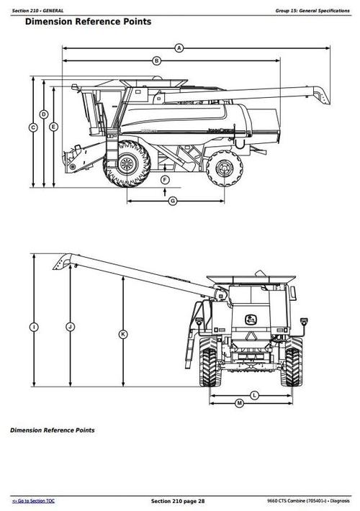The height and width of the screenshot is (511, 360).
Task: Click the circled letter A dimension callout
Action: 179,48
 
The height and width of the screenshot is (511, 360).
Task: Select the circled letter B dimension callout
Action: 157,61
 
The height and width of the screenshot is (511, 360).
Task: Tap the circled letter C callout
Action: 33,127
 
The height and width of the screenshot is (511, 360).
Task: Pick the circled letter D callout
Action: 44,114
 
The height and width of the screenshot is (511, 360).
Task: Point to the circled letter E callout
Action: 54,127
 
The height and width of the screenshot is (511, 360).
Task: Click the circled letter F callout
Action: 165,179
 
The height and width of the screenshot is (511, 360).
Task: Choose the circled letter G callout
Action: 173,201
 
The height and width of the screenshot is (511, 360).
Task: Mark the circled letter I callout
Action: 33,327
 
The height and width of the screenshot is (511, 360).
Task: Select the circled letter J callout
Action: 70,327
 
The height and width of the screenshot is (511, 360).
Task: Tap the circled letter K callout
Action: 123,334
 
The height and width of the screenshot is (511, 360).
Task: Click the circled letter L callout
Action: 255,395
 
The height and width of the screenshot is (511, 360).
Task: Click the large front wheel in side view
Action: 127,165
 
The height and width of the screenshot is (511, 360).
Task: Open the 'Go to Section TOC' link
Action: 34,500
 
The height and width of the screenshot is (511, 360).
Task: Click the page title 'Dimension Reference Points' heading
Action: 88,22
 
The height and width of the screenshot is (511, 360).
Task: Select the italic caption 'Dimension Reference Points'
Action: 52,430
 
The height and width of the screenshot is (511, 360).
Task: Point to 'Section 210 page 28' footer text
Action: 178,500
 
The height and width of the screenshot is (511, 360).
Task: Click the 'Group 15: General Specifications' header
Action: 311,9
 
